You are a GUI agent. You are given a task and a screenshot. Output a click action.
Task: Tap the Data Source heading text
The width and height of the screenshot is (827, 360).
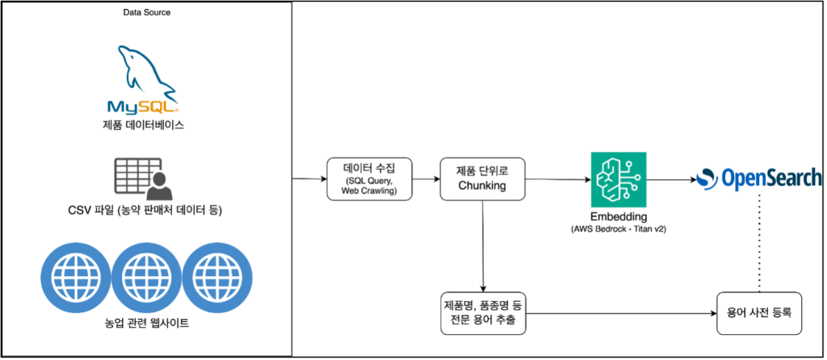(146, 13)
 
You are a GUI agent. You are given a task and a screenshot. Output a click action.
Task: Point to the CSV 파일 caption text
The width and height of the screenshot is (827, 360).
(146, 211)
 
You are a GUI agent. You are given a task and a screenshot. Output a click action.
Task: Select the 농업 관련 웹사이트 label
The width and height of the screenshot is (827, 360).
(146, 324)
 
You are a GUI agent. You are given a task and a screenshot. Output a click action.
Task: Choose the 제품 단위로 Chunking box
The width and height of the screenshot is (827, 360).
(482, 178)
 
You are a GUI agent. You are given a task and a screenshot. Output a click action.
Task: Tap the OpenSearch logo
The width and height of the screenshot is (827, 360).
(759, 178)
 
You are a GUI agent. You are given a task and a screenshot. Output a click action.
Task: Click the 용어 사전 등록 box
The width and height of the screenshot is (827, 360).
(758, 313)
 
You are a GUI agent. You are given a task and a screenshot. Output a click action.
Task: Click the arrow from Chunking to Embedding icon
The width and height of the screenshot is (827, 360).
(556, 179)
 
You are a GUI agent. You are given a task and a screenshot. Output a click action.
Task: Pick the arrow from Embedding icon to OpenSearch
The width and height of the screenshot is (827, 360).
(670, 179)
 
